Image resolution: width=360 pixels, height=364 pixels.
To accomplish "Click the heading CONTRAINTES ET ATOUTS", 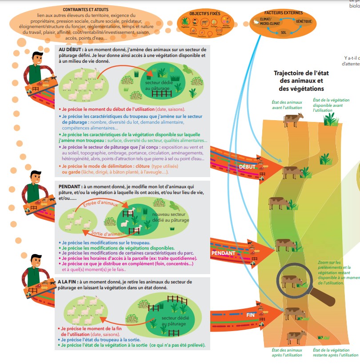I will click(85, 9).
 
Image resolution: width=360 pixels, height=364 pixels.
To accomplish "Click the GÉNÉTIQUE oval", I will click(304, 21).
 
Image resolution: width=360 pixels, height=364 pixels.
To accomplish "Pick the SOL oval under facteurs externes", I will click(284, 32).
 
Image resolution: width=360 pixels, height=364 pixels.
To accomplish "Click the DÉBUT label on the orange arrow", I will click(247, 166).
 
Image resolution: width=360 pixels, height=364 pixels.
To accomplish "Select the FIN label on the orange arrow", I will click(250, 315).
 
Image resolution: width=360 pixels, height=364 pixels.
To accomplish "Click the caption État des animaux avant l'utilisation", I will click(287, 105).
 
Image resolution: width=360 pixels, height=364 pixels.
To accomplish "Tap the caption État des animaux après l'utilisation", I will click(287, 352).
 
